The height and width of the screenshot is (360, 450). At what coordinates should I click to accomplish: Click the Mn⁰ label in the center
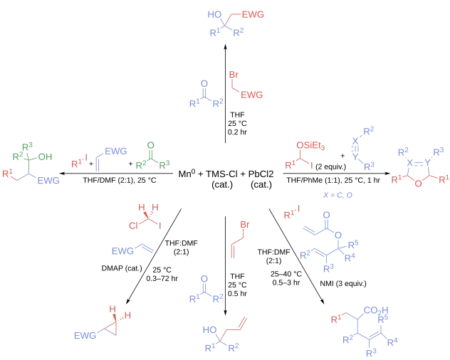[187, 174]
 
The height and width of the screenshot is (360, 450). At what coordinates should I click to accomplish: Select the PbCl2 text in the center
[261, 174]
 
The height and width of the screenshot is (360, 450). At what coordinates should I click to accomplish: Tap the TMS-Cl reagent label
[222, 174]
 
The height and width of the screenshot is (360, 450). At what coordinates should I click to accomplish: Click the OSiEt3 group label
[310, 146]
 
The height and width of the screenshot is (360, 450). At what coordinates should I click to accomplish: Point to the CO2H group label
[376, 310]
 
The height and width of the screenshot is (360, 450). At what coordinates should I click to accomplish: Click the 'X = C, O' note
[337, 196]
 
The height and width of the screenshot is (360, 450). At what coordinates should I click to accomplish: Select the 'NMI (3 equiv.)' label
[343, 284]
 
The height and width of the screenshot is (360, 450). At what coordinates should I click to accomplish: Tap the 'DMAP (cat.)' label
[122, 268]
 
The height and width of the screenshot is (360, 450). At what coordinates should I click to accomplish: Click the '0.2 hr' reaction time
[237, 132]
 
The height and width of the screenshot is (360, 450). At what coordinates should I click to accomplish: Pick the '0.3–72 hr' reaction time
[162, 278]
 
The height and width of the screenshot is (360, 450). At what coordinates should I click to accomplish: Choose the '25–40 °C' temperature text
[286, 274]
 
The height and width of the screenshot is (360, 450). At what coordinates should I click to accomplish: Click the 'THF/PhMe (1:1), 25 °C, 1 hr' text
[333, 181]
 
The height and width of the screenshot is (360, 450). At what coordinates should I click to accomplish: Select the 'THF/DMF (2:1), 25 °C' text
[120, 180]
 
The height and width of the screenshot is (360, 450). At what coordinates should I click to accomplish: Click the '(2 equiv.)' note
[330, 166]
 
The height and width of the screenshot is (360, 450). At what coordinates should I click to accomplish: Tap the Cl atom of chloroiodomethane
[133, 226]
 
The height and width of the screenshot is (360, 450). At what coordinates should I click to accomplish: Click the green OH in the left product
[45, 157]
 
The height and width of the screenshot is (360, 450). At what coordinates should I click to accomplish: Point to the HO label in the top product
[214, 14]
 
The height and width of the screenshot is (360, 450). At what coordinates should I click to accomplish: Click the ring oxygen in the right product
[419, 183]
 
